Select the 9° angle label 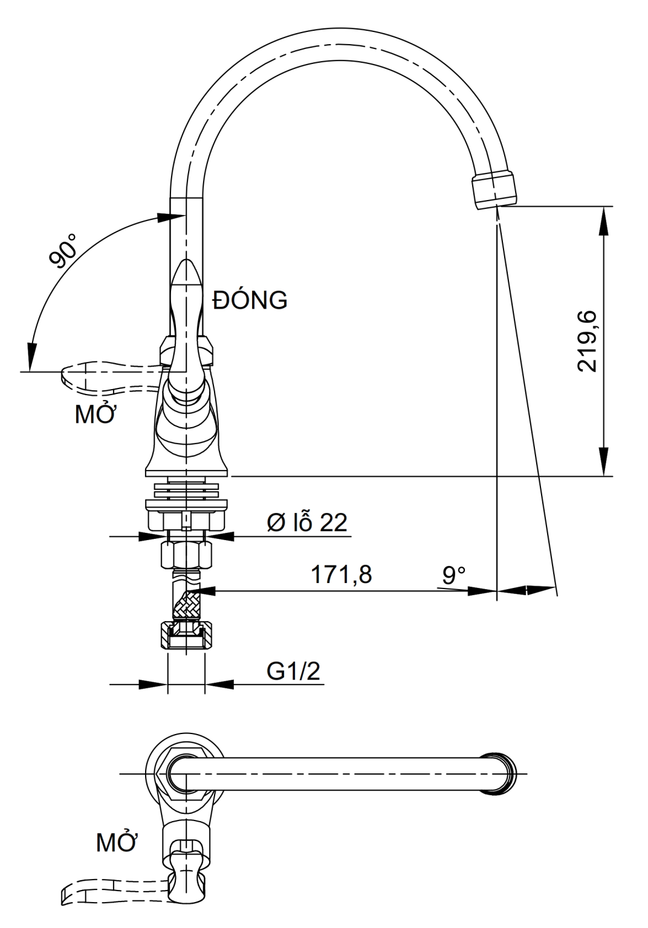pyautogui.click(x=454, y=575)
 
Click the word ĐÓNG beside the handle pyautogui.click(x=250, y=300)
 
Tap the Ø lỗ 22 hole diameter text pyautogui.click(x=308, y=522)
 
